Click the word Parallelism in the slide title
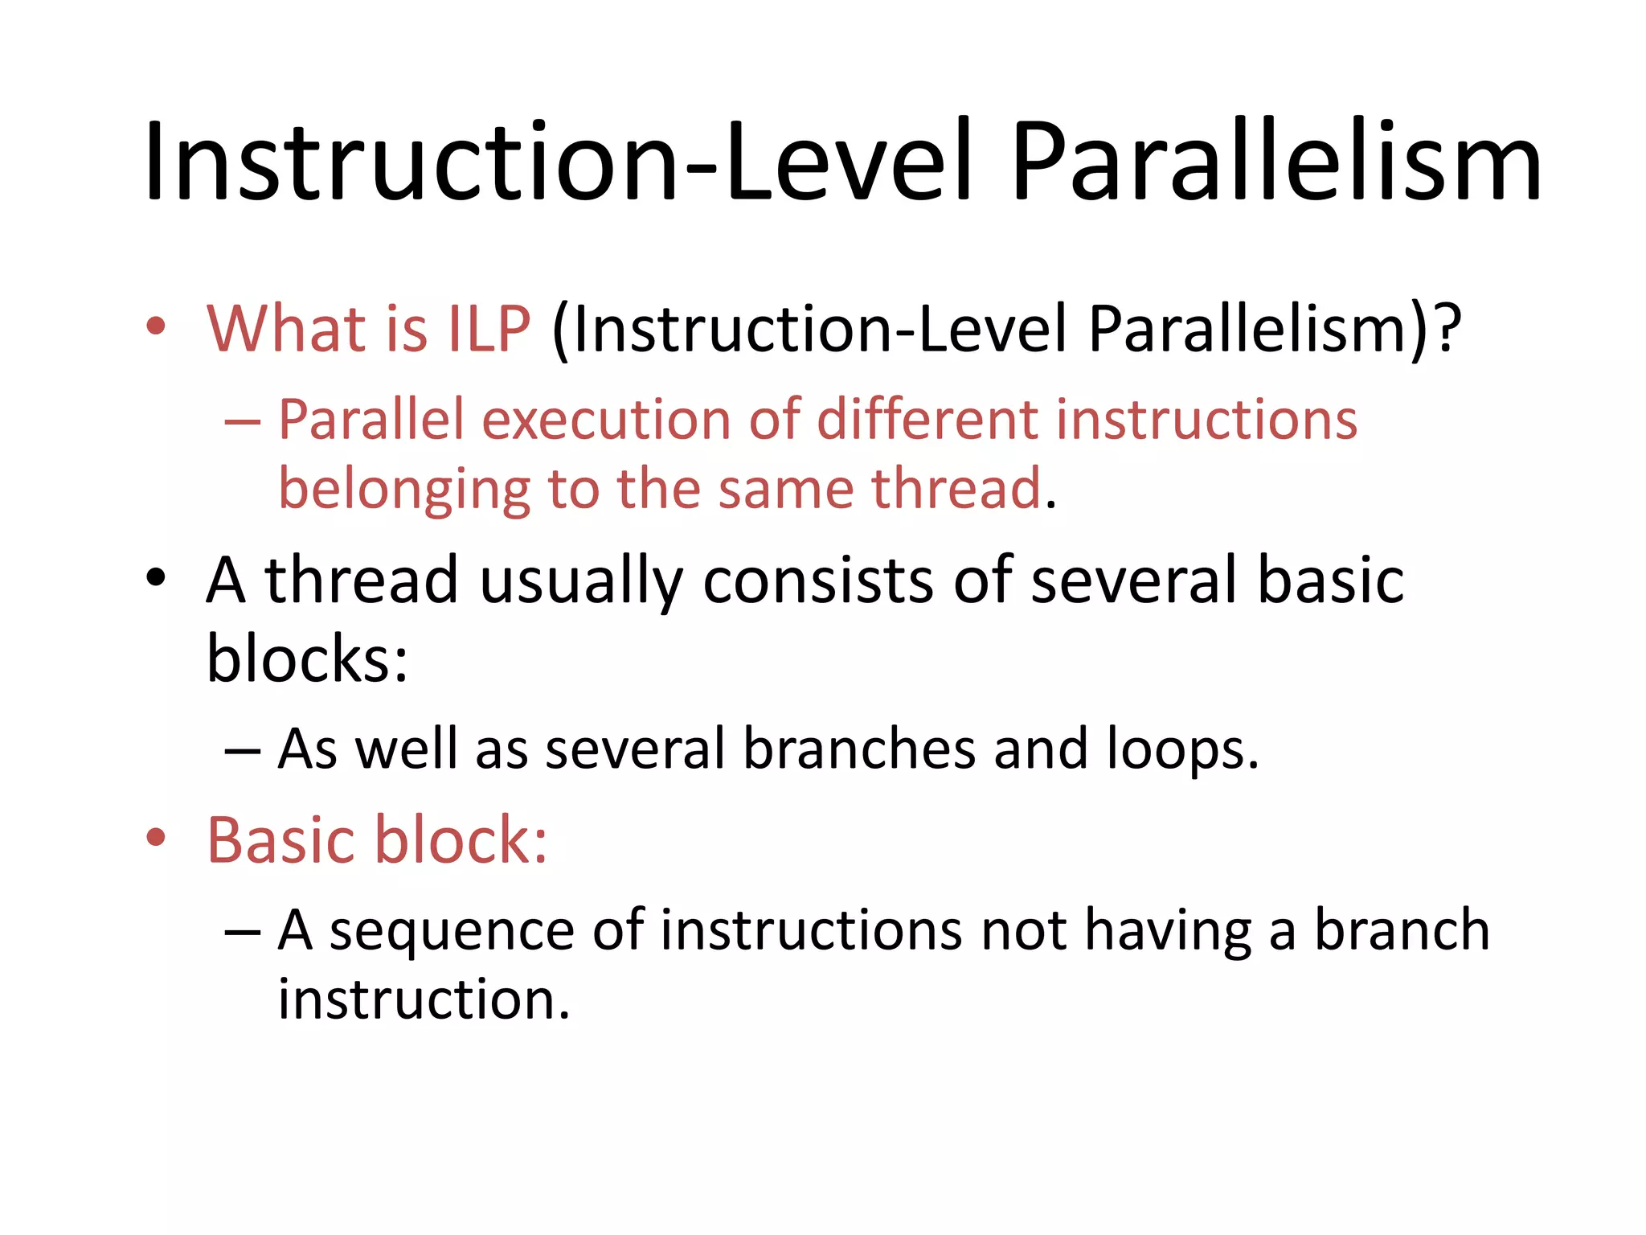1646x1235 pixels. coord(1276,161)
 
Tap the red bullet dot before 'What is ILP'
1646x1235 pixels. coord(156,326)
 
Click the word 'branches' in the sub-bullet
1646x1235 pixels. coord(858,749)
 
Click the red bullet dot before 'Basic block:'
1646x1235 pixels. coord(156,838)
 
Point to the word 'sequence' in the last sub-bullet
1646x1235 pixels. coord(451,931)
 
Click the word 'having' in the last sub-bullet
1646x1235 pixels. coord(1168,931)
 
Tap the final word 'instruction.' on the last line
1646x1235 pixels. coord(424,1000)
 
